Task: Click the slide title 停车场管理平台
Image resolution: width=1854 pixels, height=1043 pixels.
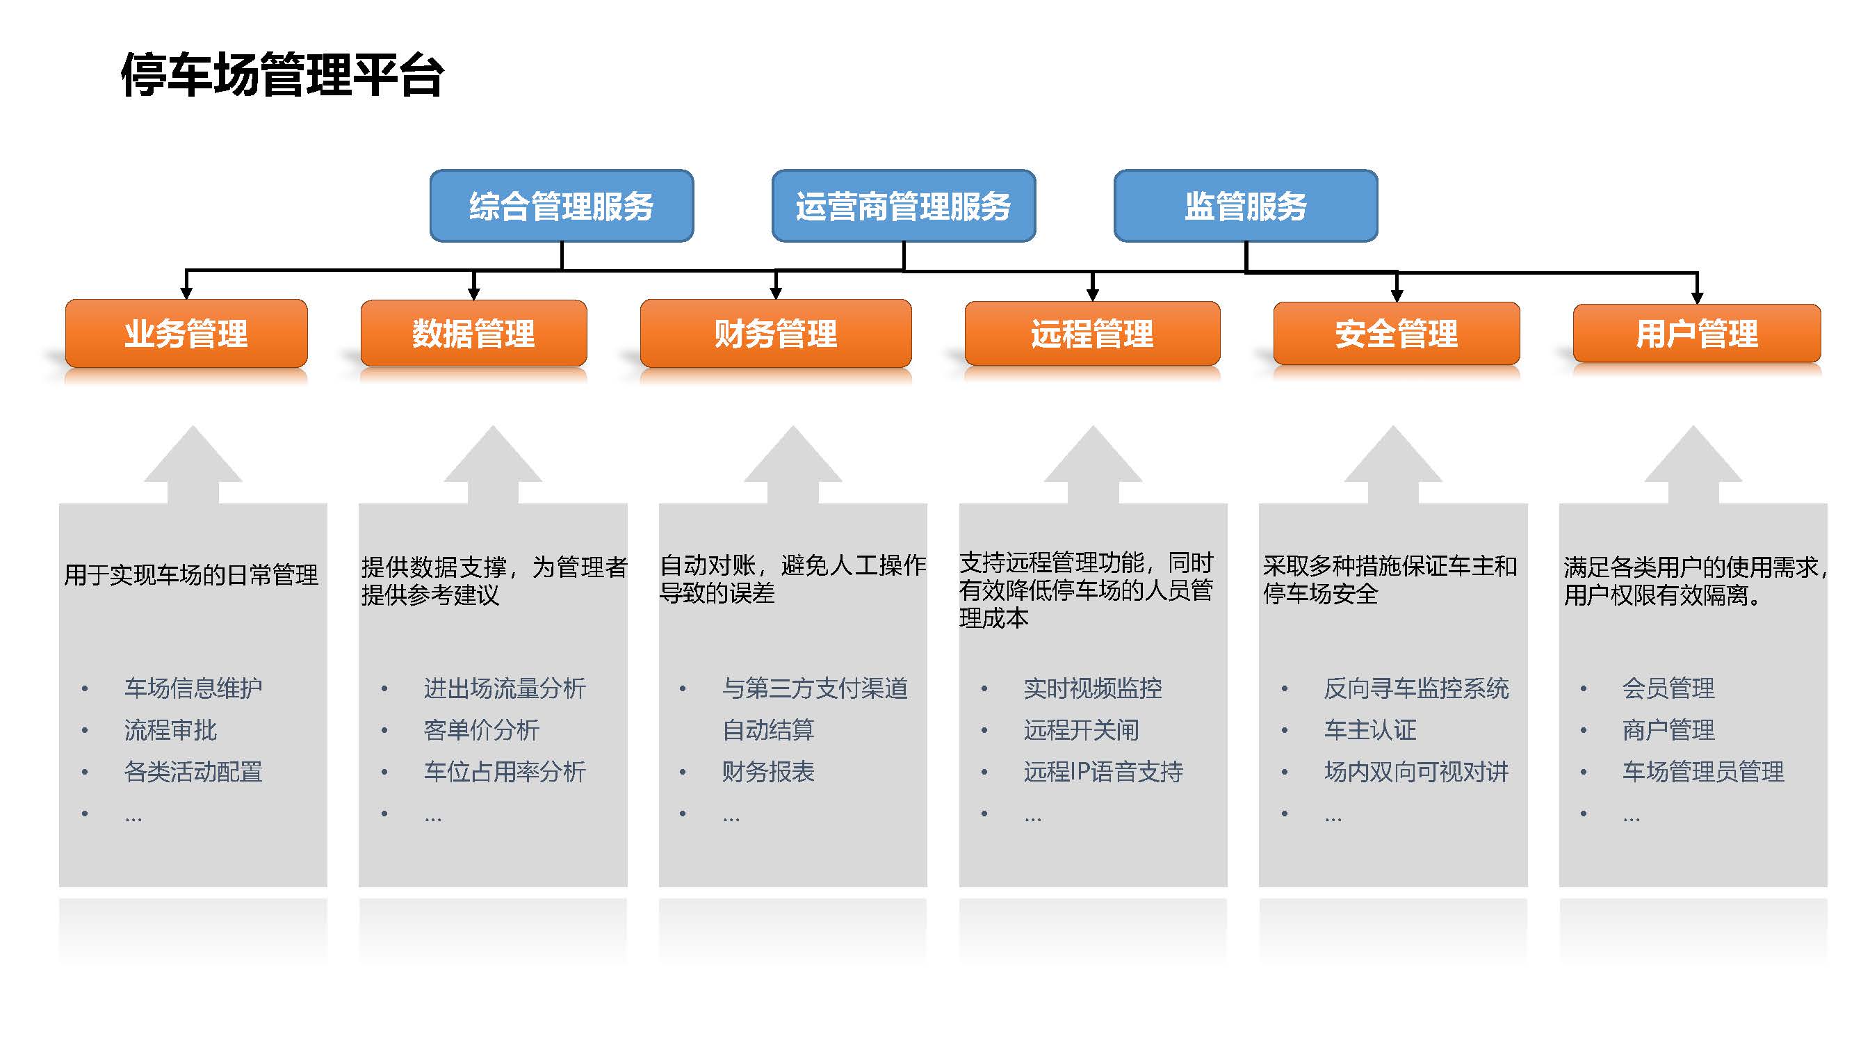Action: click(x=282, y=74)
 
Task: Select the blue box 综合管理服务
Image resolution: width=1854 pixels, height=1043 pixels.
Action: click(x=562, y=206)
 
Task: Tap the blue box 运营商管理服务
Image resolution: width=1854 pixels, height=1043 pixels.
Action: click(x=903, y=206)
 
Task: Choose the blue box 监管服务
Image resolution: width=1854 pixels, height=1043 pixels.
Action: click(x=1246, y=206)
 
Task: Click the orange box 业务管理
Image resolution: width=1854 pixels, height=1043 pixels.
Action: click(x=186, y=333)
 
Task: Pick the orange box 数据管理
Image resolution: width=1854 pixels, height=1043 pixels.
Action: click(x=473, y=333)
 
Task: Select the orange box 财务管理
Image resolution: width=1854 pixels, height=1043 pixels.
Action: click(x=776, y=333)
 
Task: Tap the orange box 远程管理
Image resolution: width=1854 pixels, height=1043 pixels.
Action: click(x=1093, y=334)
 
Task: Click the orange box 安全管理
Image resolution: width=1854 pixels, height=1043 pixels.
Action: click(x=1397, y=334)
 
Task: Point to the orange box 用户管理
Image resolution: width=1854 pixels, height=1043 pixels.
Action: click(x=1697, y=334)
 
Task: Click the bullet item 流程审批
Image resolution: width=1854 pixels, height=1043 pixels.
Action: click(x=170, y=730)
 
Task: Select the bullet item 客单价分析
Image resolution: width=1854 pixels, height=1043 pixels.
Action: click(x=482, y=730)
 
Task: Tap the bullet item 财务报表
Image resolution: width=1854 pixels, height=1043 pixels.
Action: click(x=769, y=772)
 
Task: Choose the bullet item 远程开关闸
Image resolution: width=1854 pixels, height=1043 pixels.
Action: click(x=1082, y=730)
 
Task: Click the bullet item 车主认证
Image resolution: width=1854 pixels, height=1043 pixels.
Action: click(x=1370, y=730)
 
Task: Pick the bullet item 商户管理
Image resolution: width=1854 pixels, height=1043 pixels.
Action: click(x=1668, y=730)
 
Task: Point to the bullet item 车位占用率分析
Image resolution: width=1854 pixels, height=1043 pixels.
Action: click(x=505, y=772)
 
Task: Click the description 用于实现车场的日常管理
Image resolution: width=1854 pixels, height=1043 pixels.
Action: click(x=190, y=574)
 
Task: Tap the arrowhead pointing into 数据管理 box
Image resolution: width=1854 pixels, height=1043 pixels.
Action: click(x=473, y=293)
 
